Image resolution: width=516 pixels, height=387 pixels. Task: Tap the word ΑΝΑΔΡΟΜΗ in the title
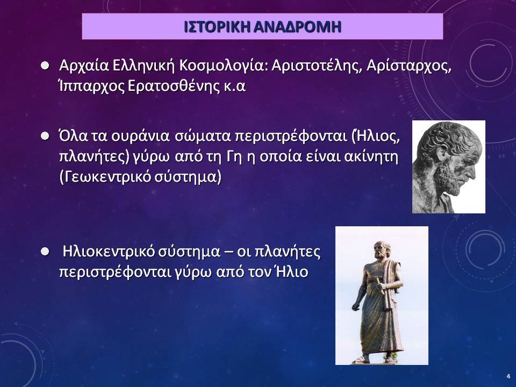298,27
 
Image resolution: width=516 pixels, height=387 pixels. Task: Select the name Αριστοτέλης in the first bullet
316,66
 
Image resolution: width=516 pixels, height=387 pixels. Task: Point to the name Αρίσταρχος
408,66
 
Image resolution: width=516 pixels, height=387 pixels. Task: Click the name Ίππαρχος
90,87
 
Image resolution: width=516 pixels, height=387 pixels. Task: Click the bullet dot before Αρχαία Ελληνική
45,65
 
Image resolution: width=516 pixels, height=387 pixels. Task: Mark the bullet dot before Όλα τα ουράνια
45,135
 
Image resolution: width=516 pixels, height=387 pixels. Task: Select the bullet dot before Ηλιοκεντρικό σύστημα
45,252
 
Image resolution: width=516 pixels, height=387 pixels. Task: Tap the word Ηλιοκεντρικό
109,252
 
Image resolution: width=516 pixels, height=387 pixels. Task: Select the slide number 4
508,376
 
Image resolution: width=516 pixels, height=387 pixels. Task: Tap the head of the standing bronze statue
382,249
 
